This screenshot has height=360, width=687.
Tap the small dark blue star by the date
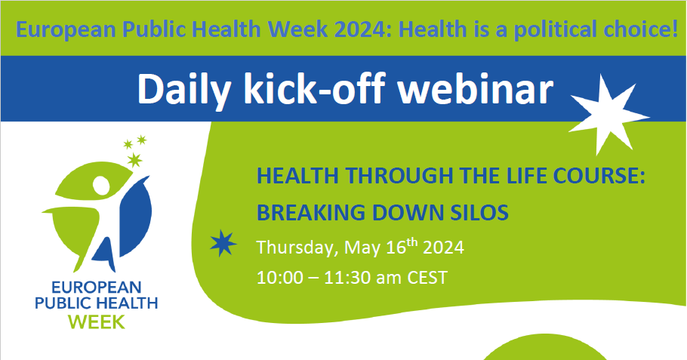point(223,243)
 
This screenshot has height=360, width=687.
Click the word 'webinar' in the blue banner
point(475,90)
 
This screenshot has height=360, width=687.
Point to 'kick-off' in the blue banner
point(315,89)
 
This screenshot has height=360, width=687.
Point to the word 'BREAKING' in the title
point(310,213)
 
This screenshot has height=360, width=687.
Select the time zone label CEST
point(427,278)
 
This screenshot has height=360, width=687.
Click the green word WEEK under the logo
point(97,322)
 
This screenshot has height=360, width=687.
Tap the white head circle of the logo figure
point(101,185)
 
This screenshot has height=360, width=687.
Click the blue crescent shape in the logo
point(135,216)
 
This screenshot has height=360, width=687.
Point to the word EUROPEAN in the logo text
point(97,288)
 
